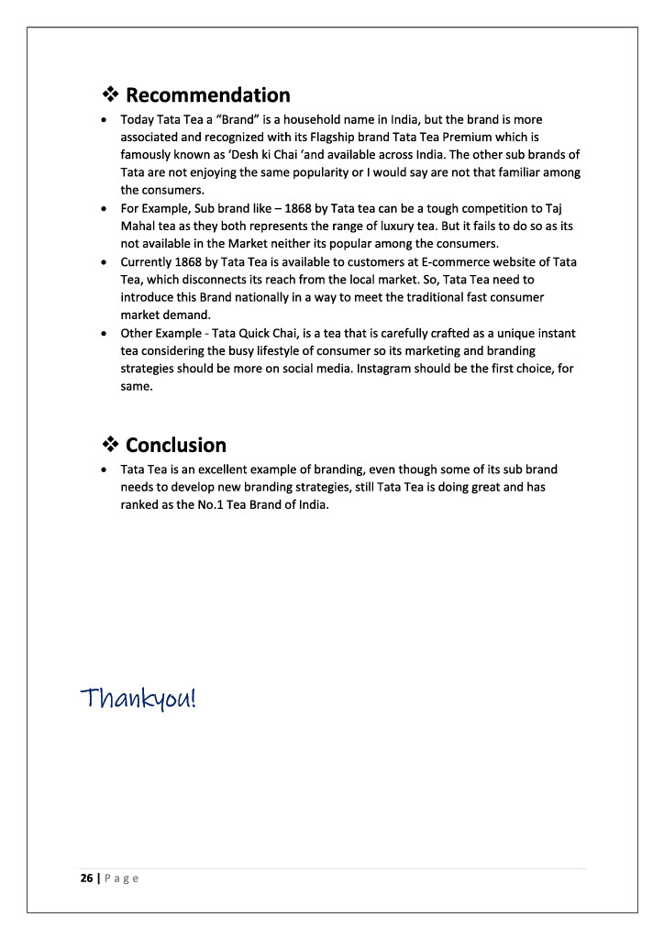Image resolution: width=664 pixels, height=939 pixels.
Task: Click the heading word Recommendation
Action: (207, 95)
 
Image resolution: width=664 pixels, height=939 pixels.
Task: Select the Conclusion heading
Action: (175, 446)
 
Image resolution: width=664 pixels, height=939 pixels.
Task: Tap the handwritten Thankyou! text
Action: (138, 699)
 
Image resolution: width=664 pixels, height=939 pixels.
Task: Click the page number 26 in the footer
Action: (86, 878)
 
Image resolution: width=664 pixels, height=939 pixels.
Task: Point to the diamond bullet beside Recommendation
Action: (110, 95)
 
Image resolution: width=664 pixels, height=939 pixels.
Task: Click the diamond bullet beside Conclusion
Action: (110, 446)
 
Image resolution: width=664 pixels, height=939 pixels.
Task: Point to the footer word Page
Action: (120, 878)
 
